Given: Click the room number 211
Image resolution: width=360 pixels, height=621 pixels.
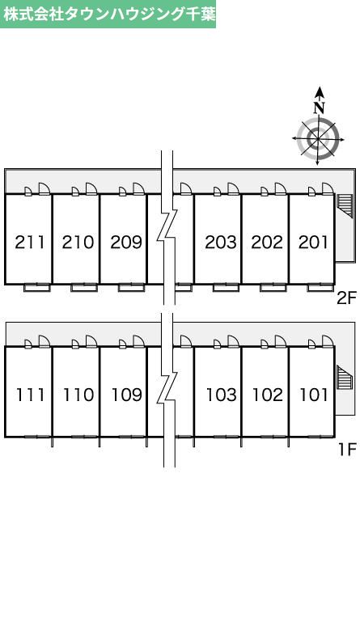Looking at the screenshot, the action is click(x=30, y=242).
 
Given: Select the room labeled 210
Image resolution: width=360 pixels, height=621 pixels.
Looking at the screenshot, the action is click(x=78, y=242).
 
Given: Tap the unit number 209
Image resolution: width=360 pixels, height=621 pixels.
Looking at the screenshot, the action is click(x=126, y=242).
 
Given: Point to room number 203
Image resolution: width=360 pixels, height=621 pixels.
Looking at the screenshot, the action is click(x=221, y=242).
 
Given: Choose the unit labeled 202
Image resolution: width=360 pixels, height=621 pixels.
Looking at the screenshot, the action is click(x=267, y=242).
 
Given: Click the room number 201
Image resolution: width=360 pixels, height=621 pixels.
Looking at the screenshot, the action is click(x=313, y=242).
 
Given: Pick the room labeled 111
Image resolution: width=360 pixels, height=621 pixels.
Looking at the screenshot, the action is click(x=31, y=395).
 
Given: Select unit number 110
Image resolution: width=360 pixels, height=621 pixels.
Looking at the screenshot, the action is click(x=78, y=395).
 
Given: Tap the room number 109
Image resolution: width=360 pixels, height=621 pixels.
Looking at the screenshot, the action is click(x=127, y=395).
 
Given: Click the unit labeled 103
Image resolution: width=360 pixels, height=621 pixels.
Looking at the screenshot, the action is click(x=222, y=395).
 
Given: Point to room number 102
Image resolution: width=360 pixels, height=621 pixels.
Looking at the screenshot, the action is click(x=268, y=395).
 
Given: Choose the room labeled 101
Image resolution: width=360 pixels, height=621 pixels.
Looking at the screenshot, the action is click(x=314, y=395).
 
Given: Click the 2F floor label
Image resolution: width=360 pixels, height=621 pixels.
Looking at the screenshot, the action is click(x=347, y=298).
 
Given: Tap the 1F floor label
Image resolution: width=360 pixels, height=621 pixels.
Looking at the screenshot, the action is click(x=348, y=449).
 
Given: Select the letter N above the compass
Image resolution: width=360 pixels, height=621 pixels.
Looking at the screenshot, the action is click(x=320, y=108).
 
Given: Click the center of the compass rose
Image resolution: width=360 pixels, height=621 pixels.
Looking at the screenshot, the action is click(x=318, y=138).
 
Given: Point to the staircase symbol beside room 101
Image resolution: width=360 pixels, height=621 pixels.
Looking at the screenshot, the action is click(x=345, y=378).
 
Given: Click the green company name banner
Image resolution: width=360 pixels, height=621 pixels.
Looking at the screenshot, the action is click(x=108, y=15).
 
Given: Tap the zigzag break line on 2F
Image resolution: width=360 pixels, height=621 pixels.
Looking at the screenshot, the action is click(x=167, y=227).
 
